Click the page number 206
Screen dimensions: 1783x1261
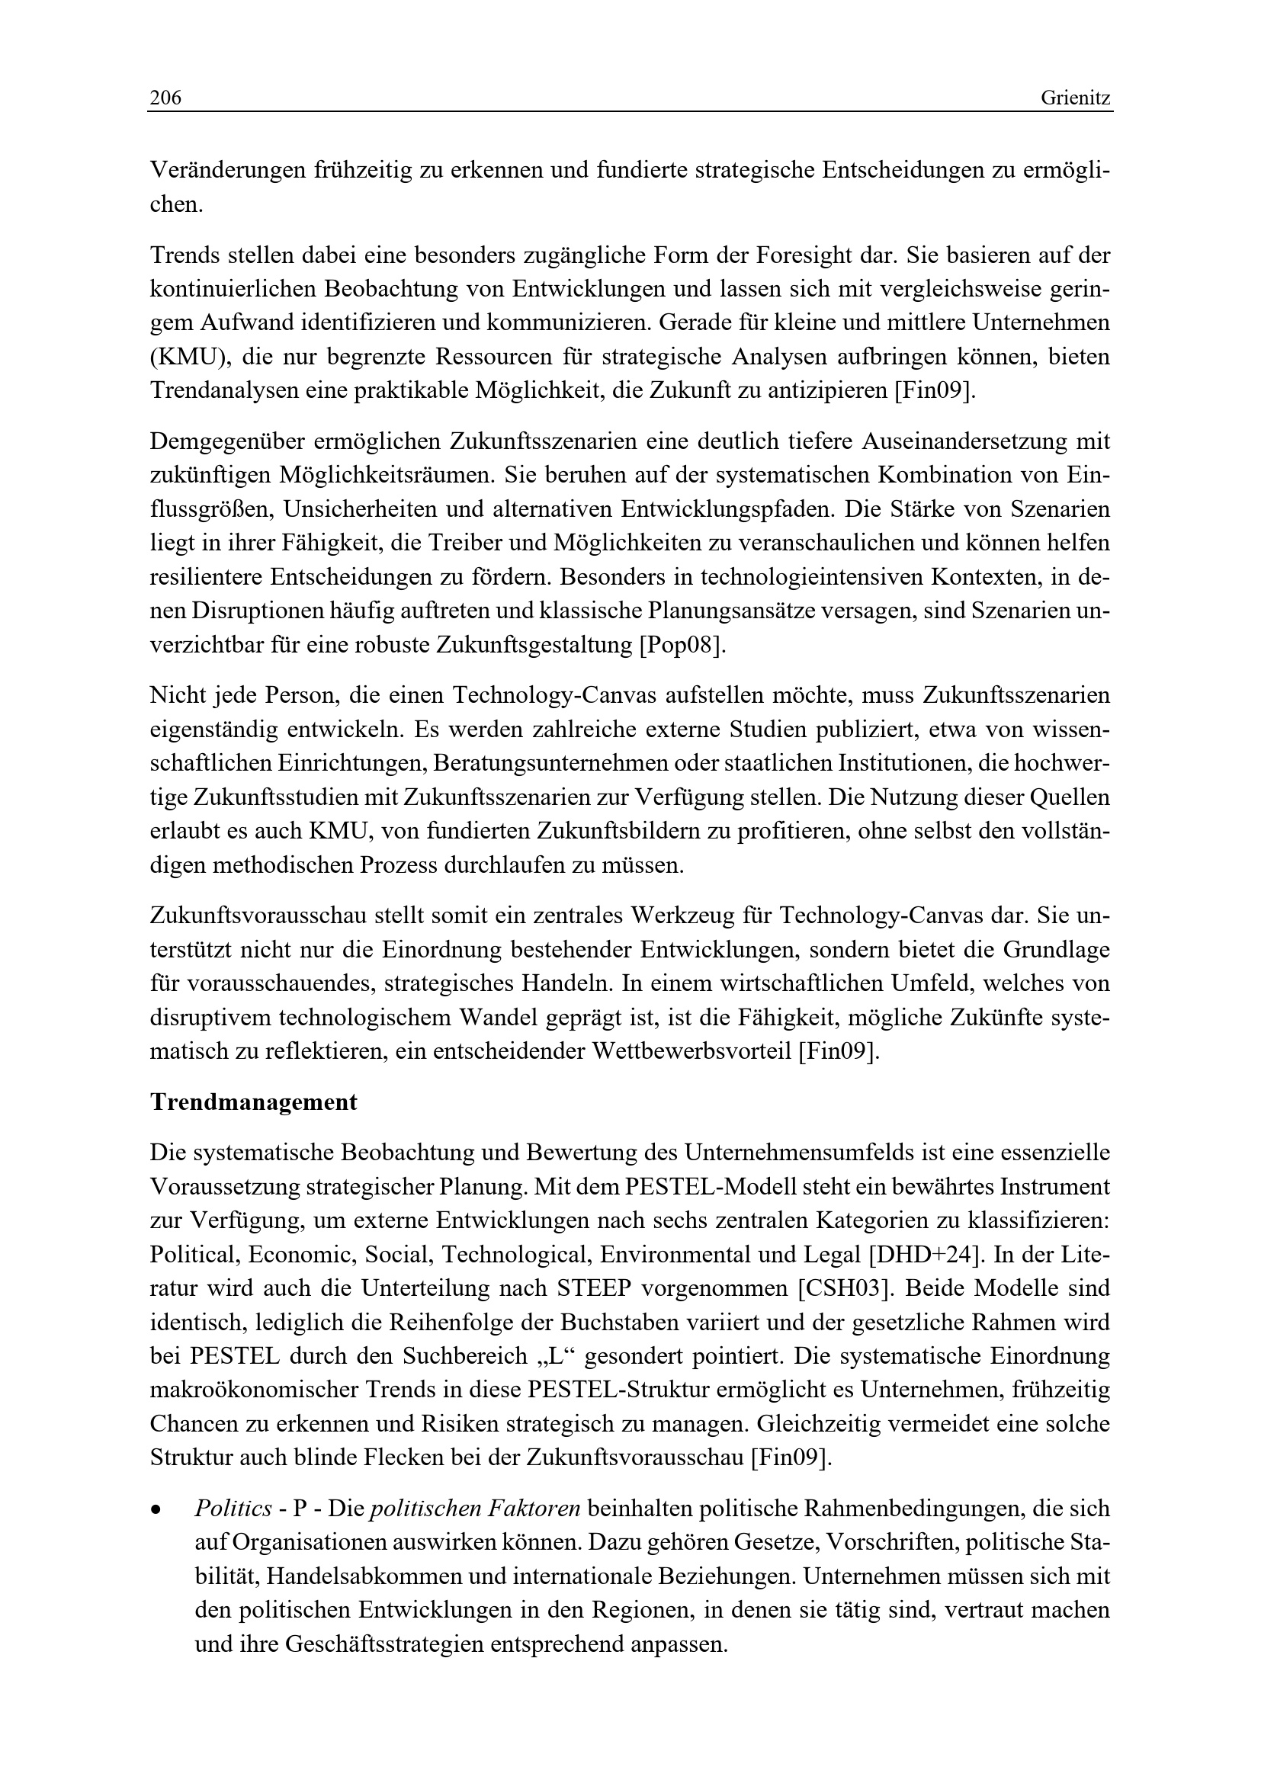pyautogui.click(x=165, y=98)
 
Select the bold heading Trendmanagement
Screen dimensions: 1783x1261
pyautogui.click(x=253, y=1102)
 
